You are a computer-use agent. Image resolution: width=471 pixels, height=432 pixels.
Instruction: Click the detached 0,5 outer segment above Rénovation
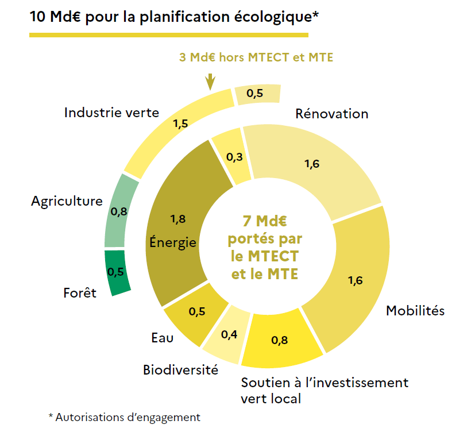[257, 94]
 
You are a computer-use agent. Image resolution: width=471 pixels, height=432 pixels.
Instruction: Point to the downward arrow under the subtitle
[211, 81]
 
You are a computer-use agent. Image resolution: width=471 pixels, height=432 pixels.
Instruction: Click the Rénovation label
[331, 113]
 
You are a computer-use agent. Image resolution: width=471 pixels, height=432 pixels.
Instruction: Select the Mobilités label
[415, 311]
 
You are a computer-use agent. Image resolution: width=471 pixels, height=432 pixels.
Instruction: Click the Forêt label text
[80, 293]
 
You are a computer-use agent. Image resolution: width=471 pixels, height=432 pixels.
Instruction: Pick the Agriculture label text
[67, 201]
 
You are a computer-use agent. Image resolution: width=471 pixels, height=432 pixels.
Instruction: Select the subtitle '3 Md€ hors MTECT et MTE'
[256, 57]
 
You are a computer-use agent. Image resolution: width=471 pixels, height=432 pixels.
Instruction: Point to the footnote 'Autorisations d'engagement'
[128, 418]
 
